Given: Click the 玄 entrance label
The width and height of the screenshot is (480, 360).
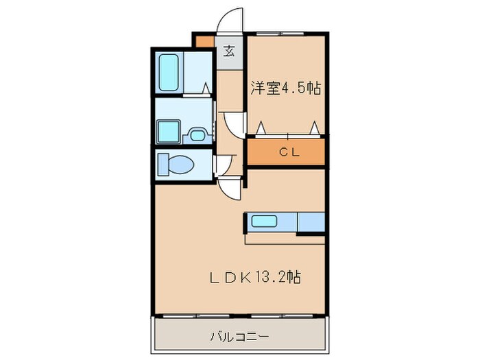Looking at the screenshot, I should pos(229,50).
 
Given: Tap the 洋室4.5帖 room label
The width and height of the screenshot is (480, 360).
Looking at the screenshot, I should pos(286,88).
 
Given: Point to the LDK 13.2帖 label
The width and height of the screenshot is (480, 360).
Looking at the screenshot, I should pos(255,278).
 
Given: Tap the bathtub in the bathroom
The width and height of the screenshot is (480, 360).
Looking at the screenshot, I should pos(169,73).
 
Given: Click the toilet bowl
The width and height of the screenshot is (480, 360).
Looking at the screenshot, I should pos(179,165).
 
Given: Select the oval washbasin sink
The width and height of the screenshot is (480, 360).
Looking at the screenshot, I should pos(197,135).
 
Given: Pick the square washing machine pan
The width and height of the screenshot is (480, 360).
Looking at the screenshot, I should pos(167,131).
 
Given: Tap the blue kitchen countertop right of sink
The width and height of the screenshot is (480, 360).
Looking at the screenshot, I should pos(311,222).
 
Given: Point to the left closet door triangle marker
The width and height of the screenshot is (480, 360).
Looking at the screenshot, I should pos(261,128).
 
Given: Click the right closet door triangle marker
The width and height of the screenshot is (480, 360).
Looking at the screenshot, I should pos(315,128).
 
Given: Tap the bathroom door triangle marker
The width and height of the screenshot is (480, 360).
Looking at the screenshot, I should pos(206,88).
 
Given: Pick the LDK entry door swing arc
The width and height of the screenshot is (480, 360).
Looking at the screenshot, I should pos(232,187).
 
